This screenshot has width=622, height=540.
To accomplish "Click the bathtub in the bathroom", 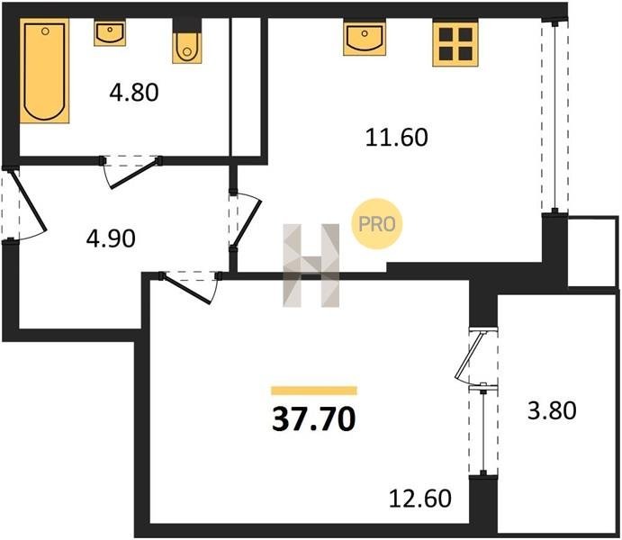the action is pos(44,70).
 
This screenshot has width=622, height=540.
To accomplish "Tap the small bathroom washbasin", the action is pos(110,33).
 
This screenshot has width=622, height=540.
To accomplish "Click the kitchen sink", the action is pos(365,38).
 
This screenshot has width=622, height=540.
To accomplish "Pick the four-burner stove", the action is pos(455,43).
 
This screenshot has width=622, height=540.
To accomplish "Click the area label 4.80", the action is pos(134,93).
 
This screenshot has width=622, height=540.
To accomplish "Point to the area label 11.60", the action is pos(396,138).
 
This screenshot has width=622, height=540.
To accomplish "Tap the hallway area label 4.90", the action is pos(111,238).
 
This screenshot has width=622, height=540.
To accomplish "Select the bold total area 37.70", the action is pos(313,419).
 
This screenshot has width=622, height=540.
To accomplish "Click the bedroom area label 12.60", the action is pos(420,499).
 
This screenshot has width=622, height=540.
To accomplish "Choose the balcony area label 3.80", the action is pos(552,410).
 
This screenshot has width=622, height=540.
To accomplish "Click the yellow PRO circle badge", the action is pos(377,224).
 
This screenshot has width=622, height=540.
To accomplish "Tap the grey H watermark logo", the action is pos(311,265).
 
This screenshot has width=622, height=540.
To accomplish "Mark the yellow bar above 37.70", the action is pos(314,391).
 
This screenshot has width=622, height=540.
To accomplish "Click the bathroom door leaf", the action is pos(135,174).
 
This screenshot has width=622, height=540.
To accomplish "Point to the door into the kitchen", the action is pos(248,223).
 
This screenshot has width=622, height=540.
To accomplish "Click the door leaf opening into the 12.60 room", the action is pos(185,289).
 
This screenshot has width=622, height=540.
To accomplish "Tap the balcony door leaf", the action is pos(469,355).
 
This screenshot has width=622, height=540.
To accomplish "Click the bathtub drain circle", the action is pos(45,31).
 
